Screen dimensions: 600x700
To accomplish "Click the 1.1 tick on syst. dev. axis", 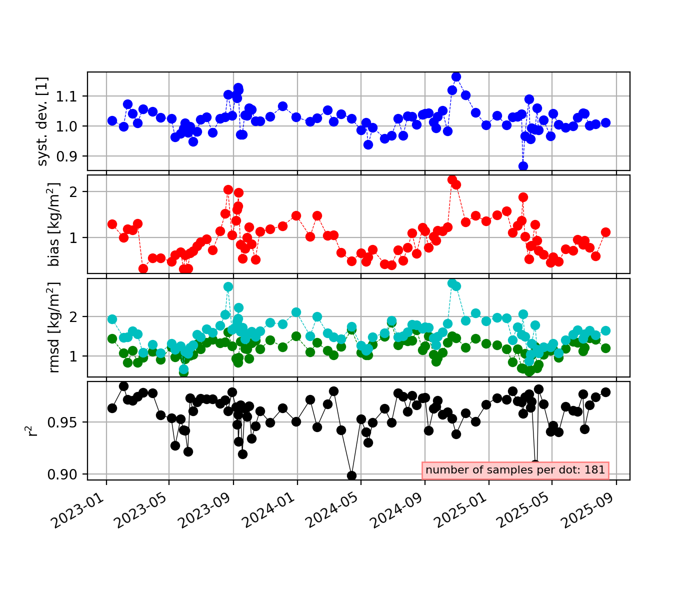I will pos(72,96).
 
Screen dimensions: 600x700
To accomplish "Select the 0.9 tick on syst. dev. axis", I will pos(72,156).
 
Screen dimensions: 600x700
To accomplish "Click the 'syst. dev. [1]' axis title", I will pos(43,121).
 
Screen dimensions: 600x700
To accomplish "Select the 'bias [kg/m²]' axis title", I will pos(54,224).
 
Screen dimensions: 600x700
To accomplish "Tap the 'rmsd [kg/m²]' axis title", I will pos(54,327).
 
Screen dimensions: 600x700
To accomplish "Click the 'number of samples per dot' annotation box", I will pos(515,470).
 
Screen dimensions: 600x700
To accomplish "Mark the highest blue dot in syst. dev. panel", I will pos(456,76).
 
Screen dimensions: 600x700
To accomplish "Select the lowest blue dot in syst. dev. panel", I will pos(523,166).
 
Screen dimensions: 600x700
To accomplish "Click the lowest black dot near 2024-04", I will pos(351,475).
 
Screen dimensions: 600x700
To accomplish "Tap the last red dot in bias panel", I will pos(605,232).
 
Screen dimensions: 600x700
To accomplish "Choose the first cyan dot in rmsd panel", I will pos(112,319).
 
